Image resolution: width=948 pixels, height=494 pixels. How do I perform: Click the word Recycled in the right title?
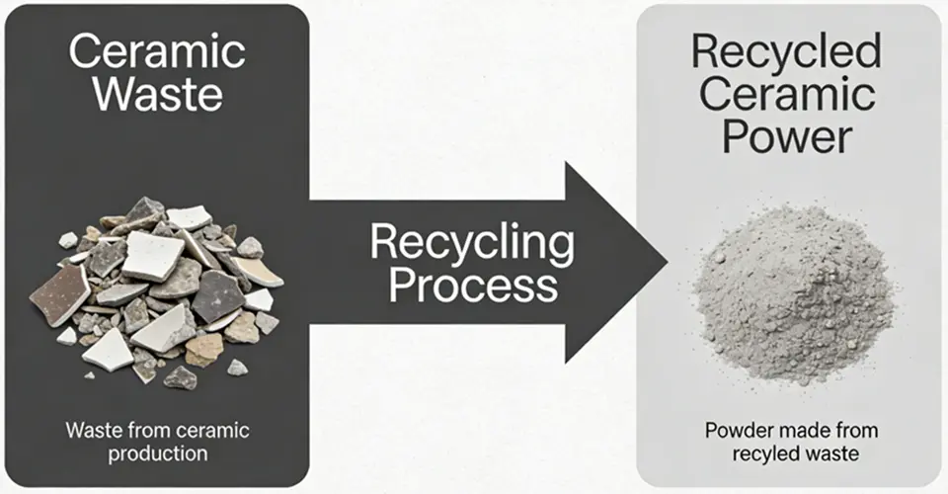pyautogui.click(x=786, y=51)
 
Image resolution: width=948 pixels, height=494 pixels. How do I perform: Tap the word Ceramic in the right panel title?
pyautogui.click(x=786, y=94)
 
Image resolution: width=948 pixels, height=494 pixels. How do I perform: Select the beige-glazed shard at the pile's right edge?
pyautogui.click(x=259, y=271)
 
